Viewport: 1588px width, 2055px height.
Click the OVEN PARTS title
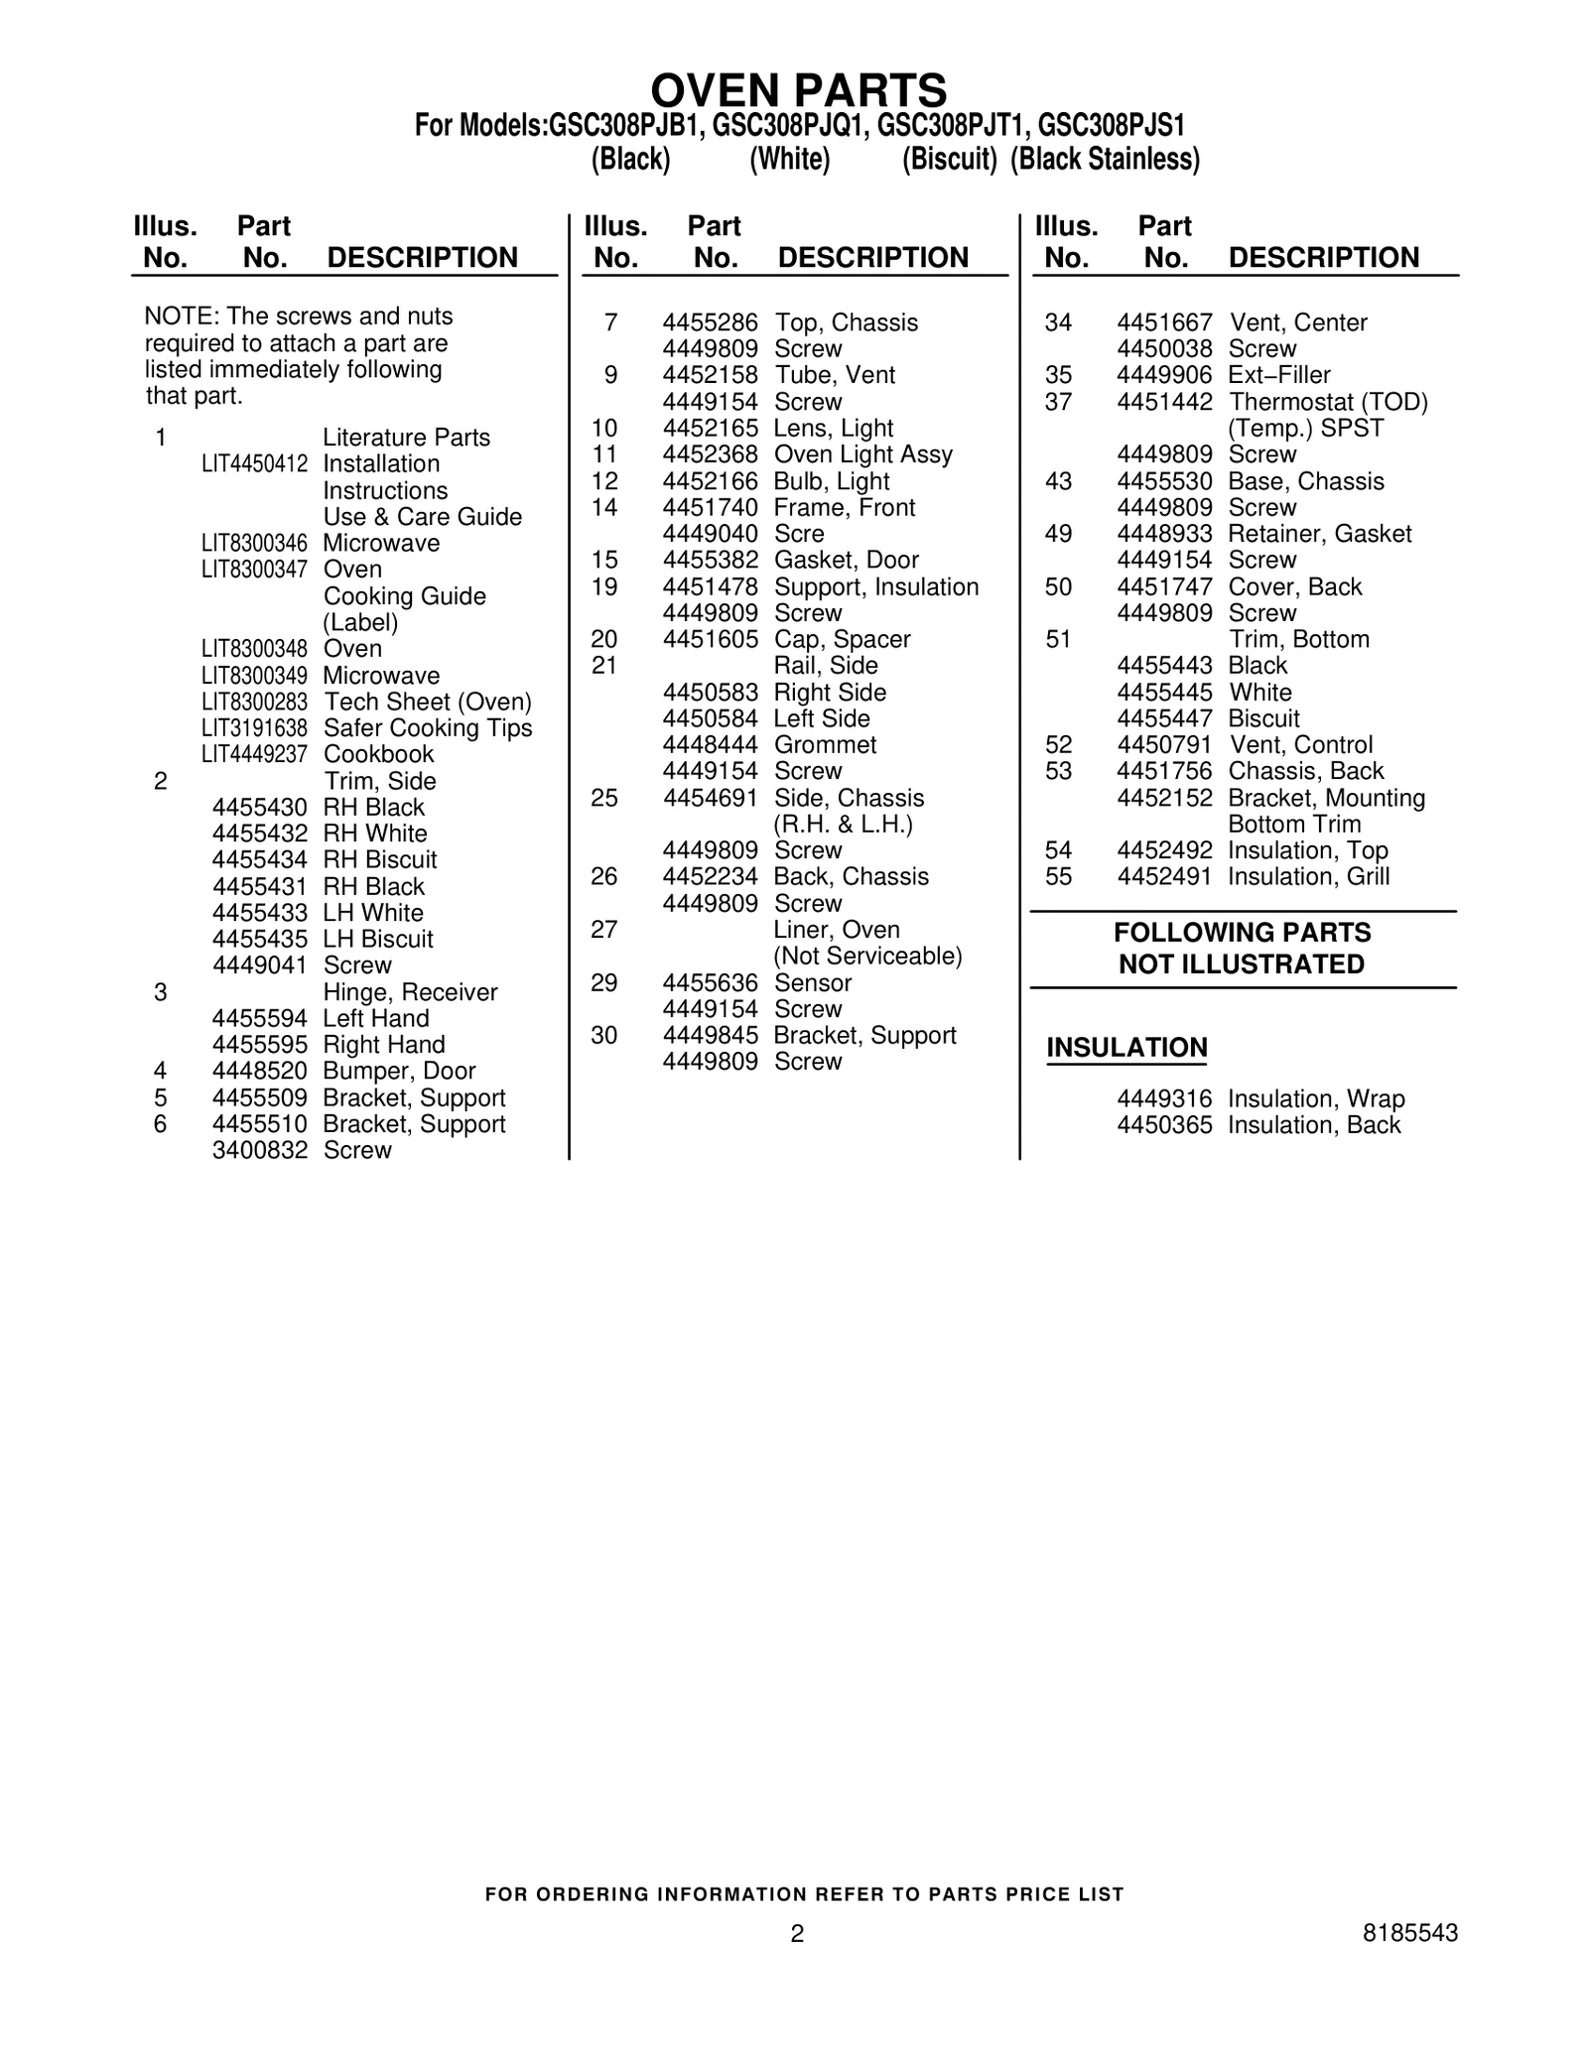[x=798, y=91]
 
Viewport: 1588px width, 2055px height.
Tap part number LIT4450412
[x=254, y=464]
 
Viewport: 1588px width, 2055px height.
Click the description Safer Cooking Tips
[x=428, y=728]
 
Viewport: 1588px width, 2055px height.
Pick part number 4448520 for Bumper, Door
[x=260, y=1072]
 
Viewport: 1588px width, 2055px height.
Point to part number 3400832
[x=260, y=1151]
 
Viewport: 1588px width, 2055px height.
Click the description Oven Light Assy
[x=862, y=455]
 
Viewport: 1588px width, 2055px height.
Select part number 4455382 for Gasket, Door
[x=710, y=561]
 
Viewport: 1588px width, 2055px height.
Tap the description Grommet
[x=825, y=745]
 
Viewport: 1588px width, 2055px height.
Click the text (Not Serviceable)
[x=867, y=957]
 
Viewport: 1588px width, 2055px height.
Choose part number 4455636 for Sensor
[x=710, y=983]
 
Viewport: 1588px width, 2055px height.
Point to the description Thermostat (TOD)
[x=1328, y=403]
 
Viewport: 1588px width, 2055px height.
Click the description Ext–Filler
[x=1278, y=376]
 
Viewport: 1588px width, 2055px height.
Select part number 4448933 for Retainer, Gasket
[x=1164, y=535]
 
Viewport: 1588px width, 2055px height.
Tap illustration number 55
[x=1059, y=877]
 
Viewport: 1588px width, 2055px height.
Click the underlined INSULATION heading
[x=1126, y=1048]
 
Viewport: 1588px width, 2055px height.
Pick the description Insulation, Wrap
[x=1316, y=1099]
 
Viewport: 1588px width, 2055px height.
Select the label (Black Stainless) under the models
[x=1105, y=160]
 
